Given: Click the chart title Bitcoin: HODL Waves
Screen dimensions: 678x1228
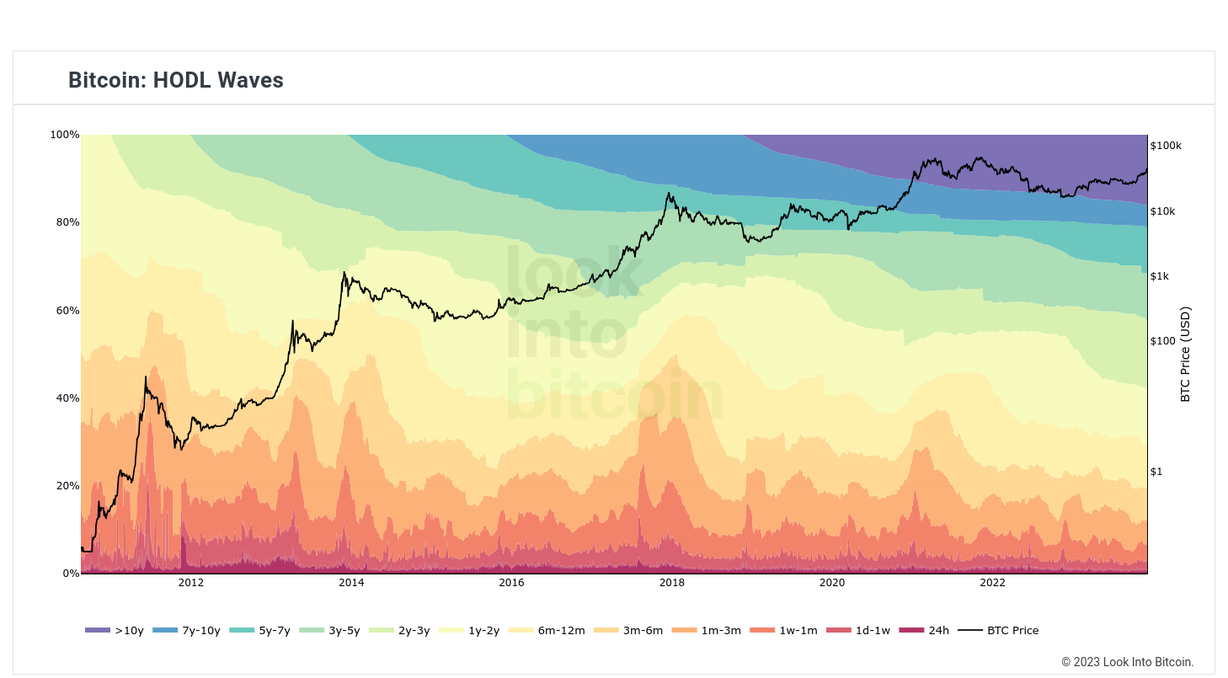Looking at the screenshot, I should click(176, 80).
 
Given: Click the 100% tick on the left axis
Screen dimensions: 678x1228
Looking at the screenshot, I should click(65, 135).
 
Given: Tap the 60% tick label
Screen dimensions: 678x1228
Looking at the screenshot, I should click(67, 311).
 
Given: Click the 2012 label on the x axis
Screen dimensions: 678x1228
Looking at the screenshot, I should click(190, 583).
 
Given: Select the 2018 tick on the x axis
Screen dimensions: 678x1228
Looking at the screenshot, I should click(671, 583).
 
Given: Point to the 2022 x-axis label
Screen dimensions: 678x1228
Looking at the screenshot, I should click(992, 583).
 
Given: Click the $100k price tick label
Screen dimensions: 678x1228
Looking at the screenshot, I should click(1166, 146).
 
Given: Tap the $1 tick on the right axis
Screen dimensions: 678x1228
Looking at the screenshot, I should click(1156, 472).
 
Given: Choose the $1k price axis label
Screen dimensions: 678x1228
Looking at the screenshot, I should click(1160, 276).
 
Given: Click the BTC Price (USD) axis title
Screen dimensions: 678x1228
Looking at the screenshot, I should click(1185, 354).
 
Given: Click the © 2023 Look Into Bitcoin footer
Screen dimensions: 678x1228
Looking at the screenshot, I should click(1127, 662).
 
